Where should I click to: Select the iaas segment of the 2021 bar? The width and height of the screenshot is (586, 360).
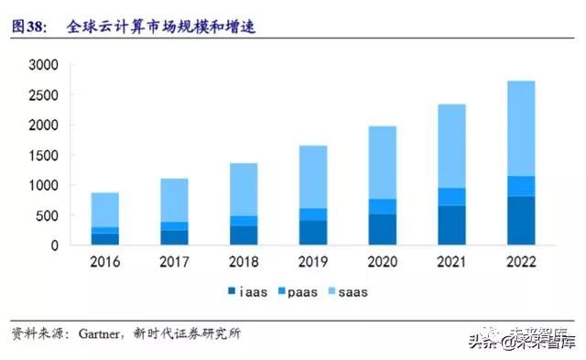tap(451, 225)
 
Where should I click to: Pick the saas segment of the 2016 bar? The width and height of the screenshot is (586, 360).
tap(104, 210)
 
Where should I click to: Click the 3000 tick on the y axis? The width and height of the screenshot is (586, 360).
tap(43, 65)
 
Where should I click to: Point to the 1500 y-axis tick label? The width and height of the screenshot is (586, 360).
tap(43, 156)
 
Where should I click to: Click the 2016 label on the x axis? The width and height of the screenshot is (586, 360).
tap(104, 263)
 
